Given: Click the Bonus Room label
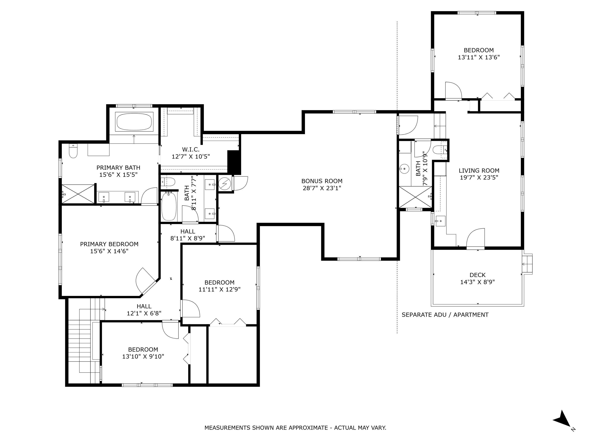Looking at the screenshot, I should (322, 181).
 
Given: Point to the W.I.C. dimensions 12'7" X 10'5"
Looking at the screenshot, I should (190, 157).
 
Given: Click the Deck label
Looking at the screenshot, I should (478, 275).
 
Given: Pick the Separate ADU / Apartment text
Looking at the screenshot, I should (445, 315).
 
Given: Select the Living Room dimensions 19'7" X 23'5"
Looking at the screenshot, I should (479, 178).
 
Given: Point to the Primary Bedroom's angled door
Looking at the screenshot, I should (146, 281).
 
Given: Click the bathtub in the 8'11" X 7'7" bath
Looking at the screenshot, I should (169, 206).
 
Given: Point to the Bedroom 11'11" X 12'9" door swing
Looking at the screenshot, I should (190, 308).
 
